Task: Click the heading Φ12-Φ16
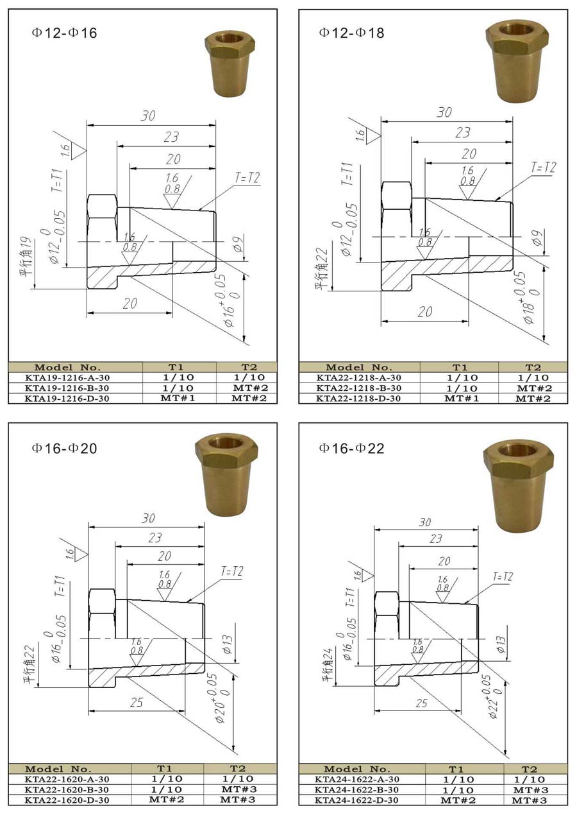point(65,33)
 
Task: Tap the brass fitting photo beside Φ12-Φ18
point(517,60)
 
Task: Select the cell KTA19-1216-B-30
point(67,388)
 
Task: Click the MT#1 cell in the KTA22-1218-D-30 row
point(462,399)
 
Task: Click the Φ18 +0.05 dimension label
point(528,297)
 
